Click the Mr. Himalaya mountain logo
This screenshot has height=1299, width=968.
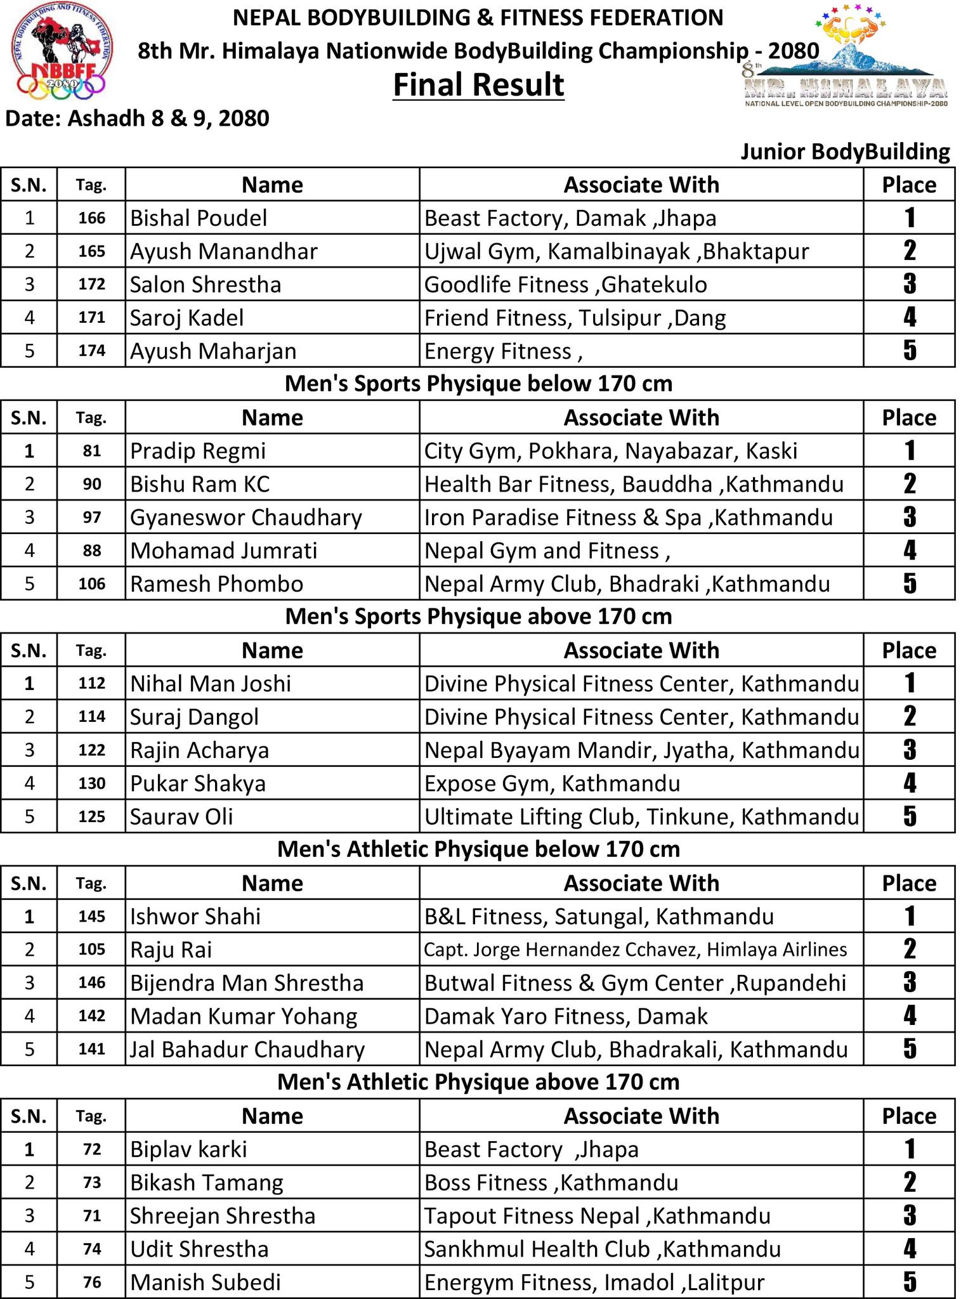(x=845, y=57)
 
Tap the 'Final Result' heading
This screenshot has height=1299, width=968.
(x=478, y=85)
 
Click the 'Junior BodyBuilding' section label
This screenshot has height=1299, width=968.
(x=845, y=152)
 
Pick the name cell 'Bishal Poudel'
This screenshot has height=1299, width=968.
(x=199, y=218)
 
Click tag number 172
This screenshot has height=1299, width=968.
(x=91, y=284)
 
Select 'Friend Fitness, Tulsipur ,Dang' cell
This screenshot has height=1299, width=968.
(x=575, y=317)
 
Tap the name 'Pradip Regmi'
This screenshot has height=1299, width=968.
(x=198, y=451)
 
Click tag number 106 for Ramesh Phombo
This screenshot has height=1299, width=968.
(x=91, y=584)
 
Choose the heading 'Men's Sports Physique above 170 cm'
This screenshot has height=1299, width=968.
(x=478, y=617)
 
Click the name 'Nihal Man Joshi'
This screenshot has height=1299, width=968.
(x=211, y=684)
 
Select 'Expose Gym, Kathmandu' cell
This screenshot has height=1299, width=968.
(x=552, y=783)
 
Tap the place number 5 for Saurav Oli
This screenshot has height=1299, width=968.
(x=909, y=816)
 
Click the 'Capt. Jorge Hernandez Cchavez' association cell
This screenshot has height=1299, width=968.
(x=635, y=950)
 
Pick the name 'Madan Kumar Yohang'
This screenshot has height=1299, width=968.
(x=244, y=1016)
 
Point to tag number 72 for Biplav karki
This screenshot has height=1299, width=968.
(x=91, y=1149)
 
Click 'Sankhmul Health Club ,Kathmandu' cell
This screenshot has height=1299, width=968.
(x=602, y=1249)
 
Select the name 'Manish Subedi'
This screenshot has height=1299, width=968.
(x=205, y=1282)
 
